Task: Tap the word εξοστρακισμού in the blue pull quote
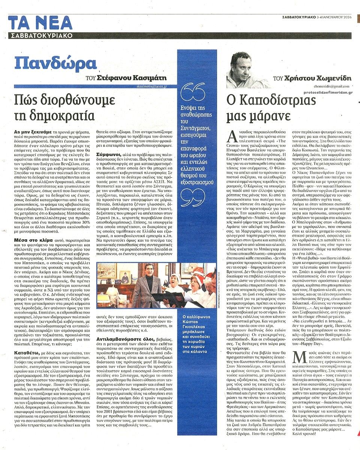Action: click(197, 160)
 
